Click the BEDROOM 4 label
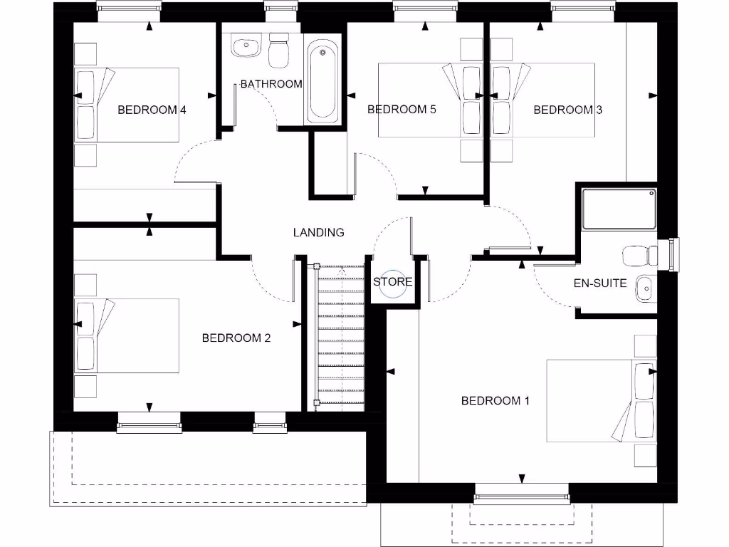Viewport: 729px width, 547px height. tap(152, 110)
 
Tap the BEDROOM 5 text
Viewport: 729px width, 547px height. tap(401, 109)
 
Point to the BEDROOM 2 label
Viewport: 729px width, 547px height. tap(236, 338)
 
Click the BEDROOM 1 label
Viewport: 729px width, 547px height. tap(495, 400)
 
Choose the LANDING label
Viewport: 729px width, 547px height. tap(318, 232)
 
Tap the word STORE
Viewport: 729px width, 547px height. tap(393, 282)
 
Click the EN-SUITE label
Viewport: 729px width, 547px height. tap(600, 283)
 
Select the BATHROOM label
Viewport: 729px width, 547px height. tap(271, 83)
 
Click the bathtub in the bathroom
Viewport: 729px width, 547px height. tap(322, 82)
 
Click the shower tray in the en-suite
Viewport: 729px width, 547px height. tap(619, 209)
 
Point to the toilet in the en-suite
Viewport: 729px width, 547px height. tap(638, 255)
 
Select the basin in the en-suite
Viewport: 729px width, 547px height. tap(644, 288)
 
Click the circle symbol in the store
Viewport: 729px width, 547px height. tap(393, 281)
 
